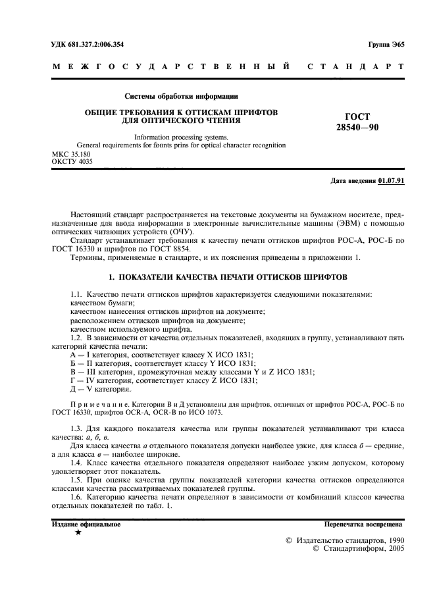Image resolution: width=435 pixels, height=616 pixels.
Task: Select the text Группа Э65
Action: pyautogui.click(x=386, y=44)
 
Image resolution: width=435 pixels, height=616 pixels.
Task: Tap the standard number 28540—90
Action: pyautogui.click(x=357, y=126)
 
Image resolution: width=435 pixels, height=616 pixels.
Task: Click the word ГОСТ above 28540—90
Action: pyautogui.click(x=356, y=115)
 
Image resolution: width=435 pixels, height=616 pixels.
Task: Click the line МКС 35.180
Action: pyautogui.click(x=72, y=153)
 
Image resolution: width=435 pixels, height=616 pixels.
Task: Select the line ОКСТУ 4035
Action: pyautogui.click(x=72, y=161)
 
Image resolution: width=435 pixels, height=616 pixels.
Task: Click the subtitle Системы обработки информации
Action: pyautogui.click(x=181, y=97)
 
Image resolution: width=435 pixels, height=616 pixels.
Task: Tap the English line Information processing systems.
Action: pyautogui.click(x=181, y=137)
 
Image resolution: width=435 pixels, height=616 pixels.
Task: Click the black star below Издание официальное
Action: pyautogui.click(x=78, y=532)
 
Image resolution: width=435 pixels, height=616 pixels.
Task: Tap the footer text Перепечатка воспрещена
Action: pyautogui.click(x=363, y=525)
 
